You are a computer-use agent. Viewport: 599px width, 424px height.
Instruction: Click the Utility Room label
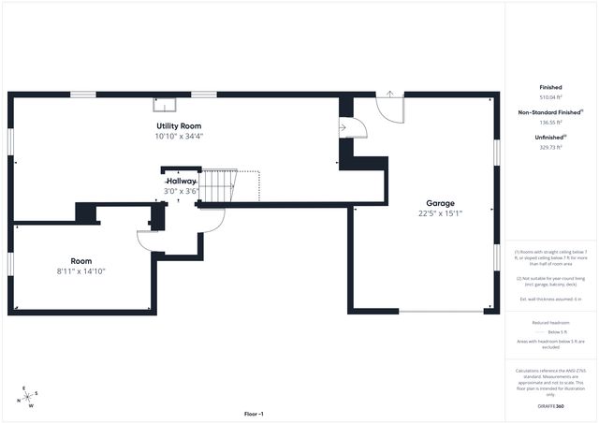coord(178,125)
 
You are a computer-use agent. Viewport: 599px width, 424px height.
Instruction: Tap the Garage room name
coord(440,203)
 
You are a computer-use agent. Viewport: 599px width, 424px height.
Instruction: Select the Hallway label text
coord(182,181)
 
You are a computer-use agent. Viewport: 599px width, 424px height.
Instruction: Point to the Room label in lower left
coord(80,261)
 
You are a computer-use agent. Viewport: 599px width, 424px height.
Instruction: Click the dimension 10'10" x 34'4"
coord(178,137)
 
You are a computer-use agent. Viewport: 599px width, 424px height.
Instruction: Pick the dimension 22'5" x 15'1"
coord(440,214)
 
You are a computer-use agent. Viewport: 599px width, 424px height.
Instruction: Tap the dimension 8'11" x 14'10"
coord(80,271)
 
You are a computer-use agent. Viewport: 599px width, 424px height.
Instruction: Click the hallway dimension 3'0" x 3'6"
coord(182,191)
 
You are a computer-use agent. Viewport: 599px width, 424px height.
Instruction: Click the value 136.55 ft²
coord(549,123)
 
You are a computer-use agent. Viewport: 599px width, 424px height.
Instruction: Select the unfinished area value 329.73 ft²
coord(549,147)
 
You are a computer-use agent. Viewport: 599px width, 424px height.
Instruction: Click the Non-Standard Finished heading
coord(549,112)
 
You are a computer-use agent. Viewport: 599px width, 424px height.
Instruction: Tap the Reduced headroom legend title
coord(549,322)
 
